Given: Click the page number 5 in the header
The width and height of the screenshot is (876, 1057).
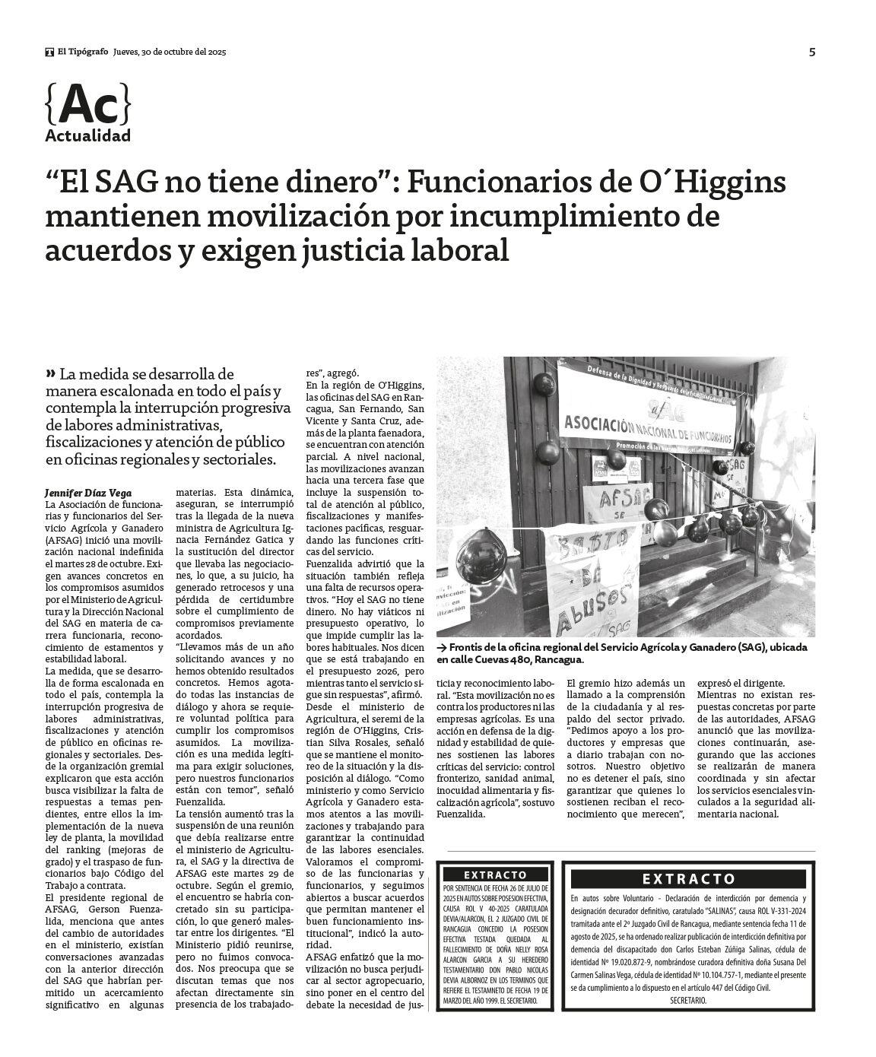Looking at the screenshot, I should (x=812, y=52).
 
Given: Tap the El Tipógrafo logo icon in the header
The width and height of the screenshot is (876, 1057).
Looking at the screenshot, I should (x=50, y=52).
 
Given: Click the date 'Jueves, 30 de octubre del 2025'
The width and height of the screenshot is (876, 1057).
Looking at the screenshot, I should (x=170, y=52).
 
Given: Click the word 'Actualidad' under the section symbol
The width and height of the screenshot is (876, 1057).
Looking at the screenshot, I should (x=87, y=136).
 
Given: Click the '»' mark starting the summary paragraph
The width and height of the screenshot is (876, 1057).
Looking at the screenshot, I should (x=51, y=373).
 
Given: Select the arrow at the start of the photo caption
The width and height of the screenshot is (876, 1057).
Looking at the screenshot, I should (x=442, y=646).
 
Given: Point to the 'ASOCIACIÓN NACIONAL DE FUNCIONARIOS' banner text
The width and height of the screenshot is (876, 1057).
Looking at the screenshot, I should (x=645, y=427).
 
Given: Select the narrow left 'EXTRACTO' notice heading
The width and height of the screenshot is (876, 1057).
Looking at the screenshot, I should (x=495, y=875).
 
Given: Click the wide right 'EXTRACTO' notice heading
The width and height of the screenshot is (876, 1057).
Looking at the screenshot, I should (x=689, y=879).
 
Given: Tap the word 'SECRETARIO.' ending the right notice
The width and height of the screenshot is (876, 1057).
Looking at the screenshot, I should (x=688, y=1000).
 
